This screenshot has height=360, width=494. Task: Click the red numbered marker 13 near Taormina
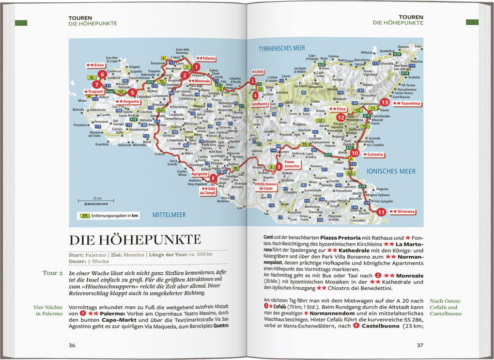(x=385, y=102)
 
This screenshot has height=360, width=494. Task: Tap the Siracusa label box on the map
(x=402, y=212)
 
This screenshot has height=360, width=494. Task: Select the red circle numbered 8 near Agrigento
(x=214, y=178)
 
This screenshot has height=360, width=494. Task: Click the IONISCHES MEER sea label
(x=391, y=171)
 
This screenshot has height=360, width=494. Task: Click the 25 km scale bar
(x=96, y=200)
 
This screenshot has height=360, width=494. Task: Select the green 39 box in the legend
(x=85, y=216)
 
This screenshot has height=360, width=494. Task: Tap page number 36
(x=72, y=345)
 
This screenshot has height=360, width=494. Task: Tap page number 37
(x=420, y=345)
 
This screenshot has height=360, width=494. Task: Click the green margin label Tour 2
(x=53, y=273)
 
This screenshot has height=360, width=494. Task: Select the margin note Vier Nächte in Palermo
(x=48, y=310)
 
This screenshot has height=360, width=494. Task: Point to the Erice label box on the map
(x=95, y=64)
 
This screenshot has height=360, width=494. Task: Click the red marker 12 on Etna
(x=341, y=117)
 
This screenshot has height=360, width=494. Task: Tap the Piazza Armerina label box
(x=293, y=164)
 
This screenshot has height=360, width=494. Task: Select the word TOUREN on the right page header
(x=411, y=17)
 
